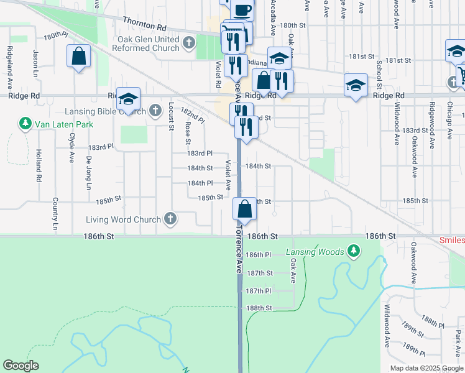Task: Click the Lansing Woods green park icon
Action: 353,251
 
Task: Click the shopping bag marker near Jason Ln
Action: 79,56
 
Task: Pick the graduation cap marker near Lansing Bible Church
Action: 128,99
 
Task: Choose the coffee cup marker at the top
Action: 242,10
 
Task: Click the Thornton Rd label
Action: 145,24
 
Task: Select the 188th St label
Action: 259,308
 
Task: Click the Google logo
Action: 21,366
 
